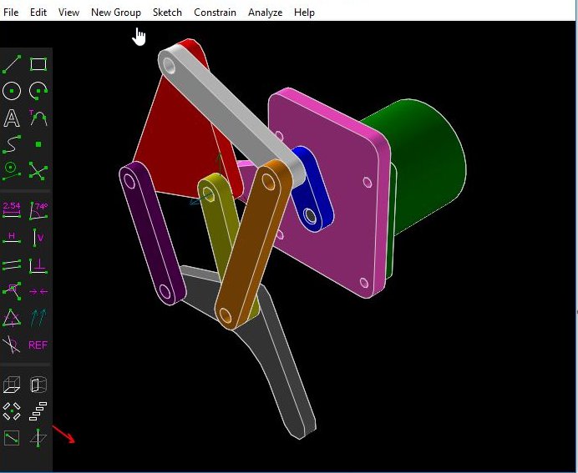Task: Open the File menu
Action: click(11, 13)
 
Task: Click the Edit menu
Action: click(38, 13)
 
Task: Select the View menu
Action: click(68, 13)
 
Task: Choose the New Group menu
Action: click(116, 13)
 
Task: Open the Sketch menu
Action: click(167, 13)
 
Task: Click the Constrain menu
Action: click(215, 13)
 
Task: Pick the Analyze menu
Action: click(265, 13)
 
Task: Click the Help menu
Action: click(304, 13)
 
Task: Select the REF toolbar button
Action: click(38, 345)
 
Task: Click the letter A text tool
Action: click(12, 118)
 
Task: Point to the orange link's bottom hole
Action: click(224, 316)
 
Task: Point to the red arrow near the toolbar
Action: click(64, 435)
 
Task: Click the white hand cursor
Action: click(139, 37)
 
